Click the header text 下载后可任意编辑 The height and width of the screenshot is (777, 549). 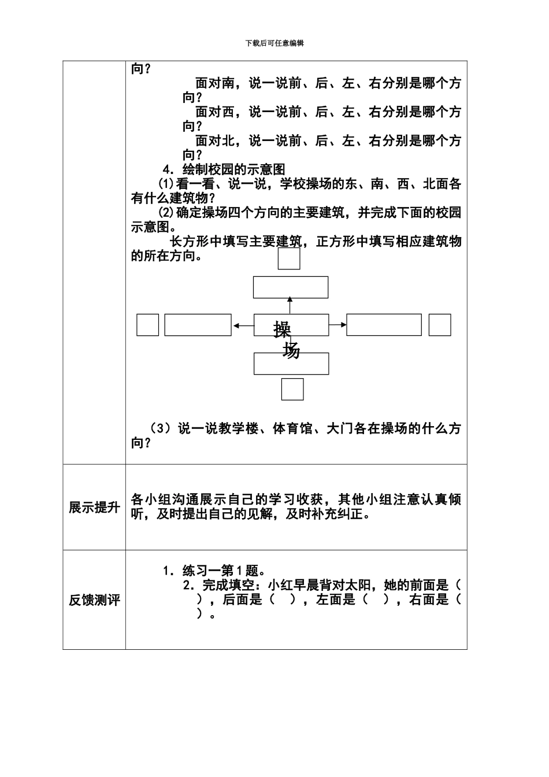[274, 43]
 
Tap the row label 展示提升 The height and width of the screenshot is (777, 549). [94, 508]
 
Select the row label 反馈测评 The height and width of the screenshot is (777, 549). [94, 600]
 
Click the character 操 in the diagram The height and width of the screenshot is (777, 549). [282, 330]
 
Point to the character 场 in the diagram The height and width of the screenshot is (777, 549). [291, 350]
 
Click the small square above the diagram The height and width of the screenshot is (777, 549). [289, 258]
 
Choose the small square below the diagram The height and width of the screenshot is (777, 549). [292, 389]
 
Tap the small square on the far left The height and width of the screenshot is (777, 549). [147, 325]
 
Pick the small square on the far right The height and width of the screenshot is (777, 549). [440, 325]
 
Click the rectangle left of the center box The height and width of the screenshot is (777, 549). [198, 325]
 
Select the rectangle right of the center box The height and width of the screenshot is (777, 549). [384, 325]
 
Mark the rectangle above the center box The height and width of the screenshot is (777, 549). [291, 287]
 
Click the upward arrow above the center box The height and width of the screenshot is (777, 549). [290, 306]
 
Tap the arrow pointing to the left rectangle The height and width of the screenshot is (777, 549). [243, 326]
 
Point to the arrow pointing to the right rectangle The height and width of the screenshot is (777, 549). [338, 325]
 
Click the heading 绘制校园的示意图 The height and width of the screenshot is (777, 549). [233, 169]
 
